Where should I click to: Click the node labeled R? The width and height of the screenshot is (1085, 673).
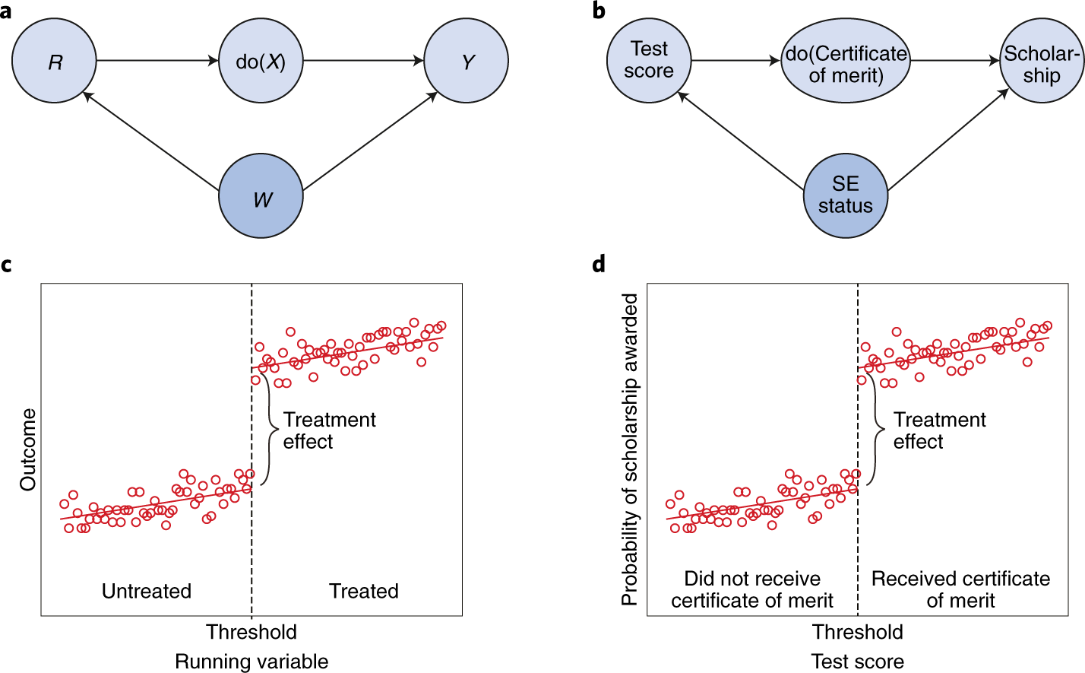[55, 61]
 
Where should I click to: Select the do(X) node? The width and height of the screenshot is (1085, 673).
[261, 61]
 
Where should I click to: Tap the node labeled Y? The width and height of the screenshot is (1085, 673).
[466, 61]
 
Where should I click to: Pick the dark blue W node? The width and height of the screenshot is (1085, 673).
[261, 197]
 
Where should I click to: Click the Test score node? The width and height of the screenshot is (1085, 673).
[649, 60]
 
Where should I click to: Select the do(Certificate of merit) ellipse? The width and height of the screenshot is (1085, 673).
[846, 64]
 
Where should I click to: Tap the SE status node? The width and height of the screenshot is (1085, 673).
[846, 195]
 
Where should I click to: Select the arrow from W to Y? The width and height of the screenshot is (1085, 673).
[370, 141]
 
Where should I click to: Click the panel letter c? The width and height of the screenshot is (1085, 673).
[7, 265]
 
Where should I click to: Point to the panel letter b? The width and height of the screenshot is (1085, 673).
[599, 11]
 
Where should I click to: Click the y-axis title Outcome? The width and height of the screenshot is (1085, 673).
[28, 449]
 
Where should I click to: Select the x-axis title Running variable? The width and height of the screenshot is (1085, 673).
[251, 662]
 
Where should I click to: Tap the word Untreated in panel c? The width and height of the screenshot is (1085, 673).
[147, 591]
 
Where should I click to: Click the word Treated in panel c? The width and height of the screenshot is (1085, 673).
[364, 591]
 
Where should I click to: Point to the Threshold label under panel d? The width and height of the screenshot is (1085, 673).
[858, 632]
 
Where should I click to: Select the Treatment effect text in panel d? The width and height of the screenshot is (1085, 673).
[939, 430]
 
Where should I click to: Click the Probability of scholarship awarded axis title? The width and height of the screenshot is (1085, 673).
[630, 449]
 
